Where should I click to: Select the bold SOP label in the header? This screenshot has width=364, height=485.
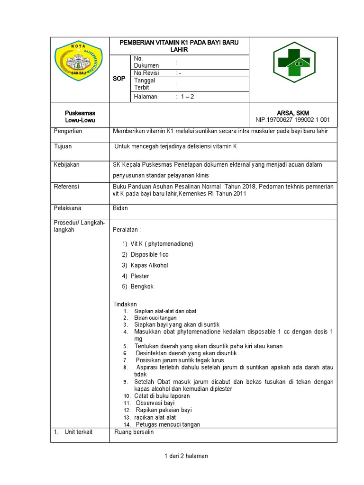pyautogui.click(x=119, y=79)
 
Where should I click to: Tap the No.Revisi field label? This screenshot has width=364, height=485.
pyautogui.click(x=146, y=73)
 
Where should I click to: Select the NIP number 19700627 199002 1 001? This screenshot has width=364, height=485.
pyautogui.click(x=292, y=120)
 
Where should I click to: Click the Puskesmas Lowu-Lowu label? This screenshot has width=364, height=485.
pyautogui.click(x=80, y=117)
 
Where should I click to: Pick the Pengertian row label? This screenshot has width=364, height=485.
pyautogui.click(x=68, y=131)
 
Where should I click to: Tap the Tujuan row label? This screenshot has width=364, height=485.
pyautogui.click(x=63, y=146)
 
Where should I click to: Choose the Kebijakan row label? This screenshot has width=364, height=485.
pyautogui.click(x=67, y=165)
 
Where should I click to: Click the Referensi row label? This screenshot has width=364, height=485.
pyautogui.click(x=67, y=187)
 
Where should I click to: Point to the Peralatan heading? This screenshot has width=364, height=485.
pyautogui.click(x=127, y=230)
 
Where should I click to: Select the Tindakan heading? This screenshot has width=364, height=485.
pyautogui.click(x=125, y=304)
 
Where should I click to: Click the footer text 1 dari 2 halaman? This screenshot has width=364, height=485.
pyautogui.click(x=186, y=456)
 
